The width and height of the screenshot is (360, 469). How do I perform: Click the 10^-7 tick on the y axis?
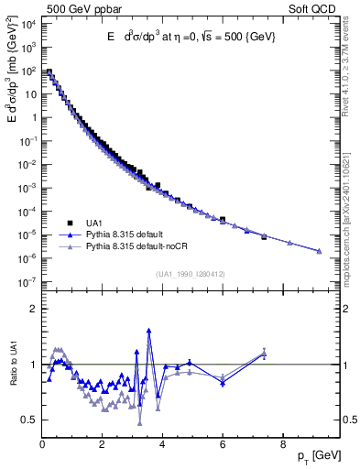point(27,282)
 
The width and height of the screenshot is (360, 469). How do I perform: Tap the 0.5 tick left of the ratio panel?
point(27,420)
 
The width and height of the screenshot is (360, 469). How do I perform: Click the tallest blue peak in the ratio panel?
point(148,331)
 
